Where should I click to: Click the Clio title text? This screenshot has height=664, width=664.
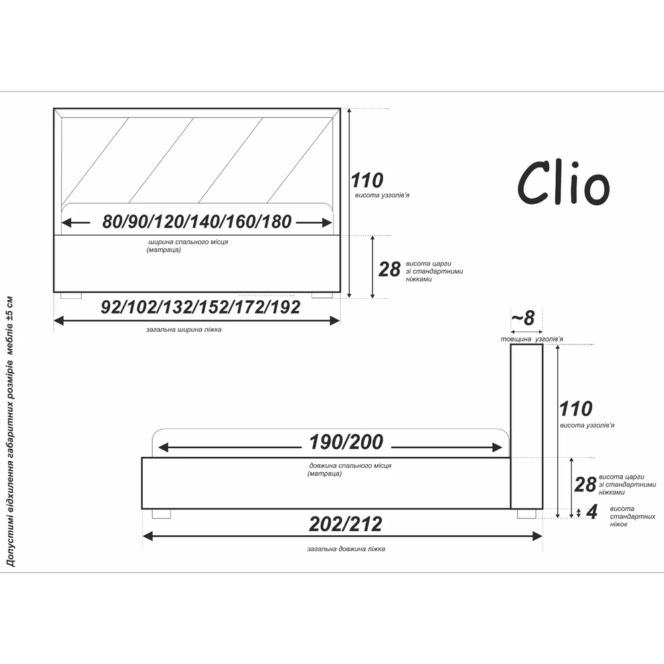pyautogui.click(x=564, y=183)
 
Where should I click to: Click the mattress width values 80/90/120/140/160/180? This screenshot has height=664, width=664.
pyautogui.click(x=197, y=222)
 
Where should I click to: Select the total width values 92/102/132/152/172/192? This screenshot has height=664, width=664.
pyautogui.click(x=201, y=307)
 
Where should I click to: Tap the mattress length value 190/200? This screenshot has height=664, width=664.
pyautogui.click(x=346, y=442)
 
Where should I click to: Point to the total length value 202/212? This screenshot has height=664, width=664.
pyautogui.click(x=345, y=525)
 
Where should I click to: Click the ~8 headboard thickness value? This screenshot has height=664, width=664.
pyautogui.click(x=523, y=318)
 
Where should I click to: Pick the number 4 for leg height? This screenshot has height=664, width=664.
pyautogui.click(x=592, y=511)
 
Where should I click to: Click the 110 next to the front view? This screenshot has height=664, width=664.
pyautogui.click(x=367, y=181)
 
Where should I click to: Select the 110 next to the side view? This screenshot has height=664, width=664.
pyautogui.click(x=576, y=409)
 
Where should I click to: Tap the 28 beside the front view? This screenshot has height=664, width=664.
pyautogui.click(x=389, y=270)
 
